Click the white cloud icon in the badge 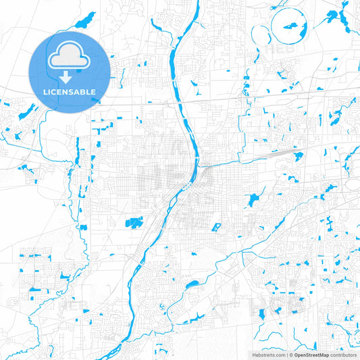(70, 56)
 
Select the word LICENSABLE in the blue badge (70, 91)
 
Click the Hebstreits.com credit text (267, 353)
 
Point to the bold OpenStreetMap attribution (307, 353)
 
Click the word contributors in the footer (342, 353)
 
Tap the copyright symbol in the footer (289, 353)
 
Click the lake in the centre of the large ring (291, 26)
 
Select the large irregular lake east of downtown (253, 200)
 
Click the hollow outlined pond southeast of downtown (217, 228)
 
